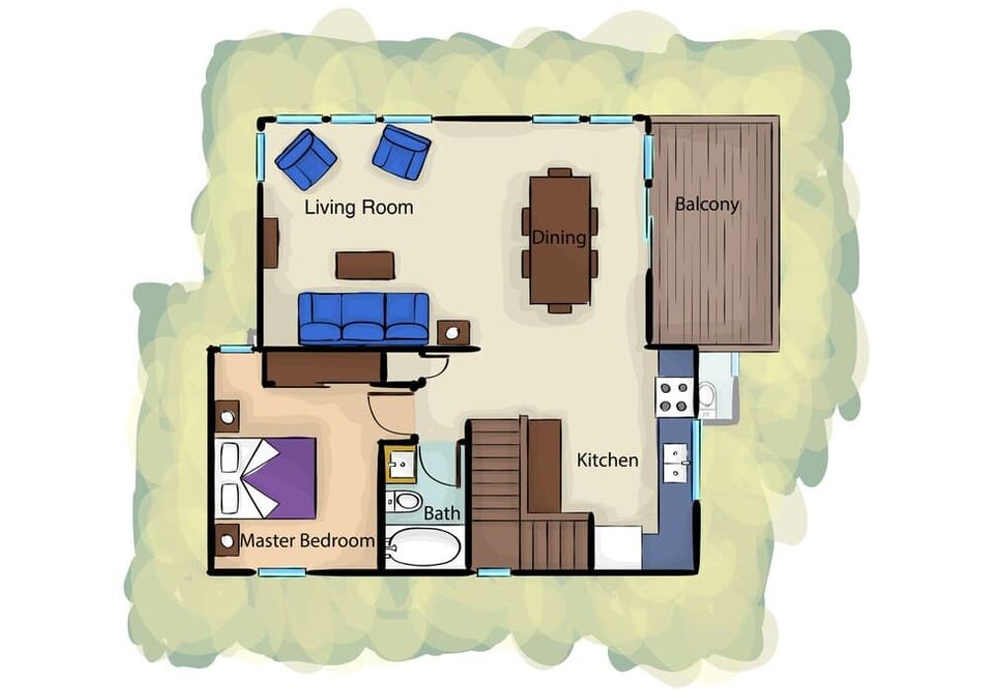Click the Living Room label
359,207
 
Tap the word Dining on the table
559,237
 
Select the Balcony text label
707,204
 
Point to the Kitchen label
607,460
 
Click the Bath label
442,513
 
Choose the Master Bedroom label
307,541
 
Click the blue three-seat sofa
364,319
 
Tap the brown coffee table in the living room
365,265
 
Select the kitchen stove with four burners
674,397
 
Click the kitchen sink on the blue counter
675,463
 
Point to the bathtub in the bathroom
424,548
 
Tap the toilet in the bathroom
404,502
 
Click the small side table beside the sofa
453,333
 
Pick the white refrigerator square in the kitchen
618,548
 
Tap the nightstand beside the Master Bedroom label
227,541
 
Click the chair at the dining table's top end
560,173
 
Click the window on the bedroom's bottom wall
282,573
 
